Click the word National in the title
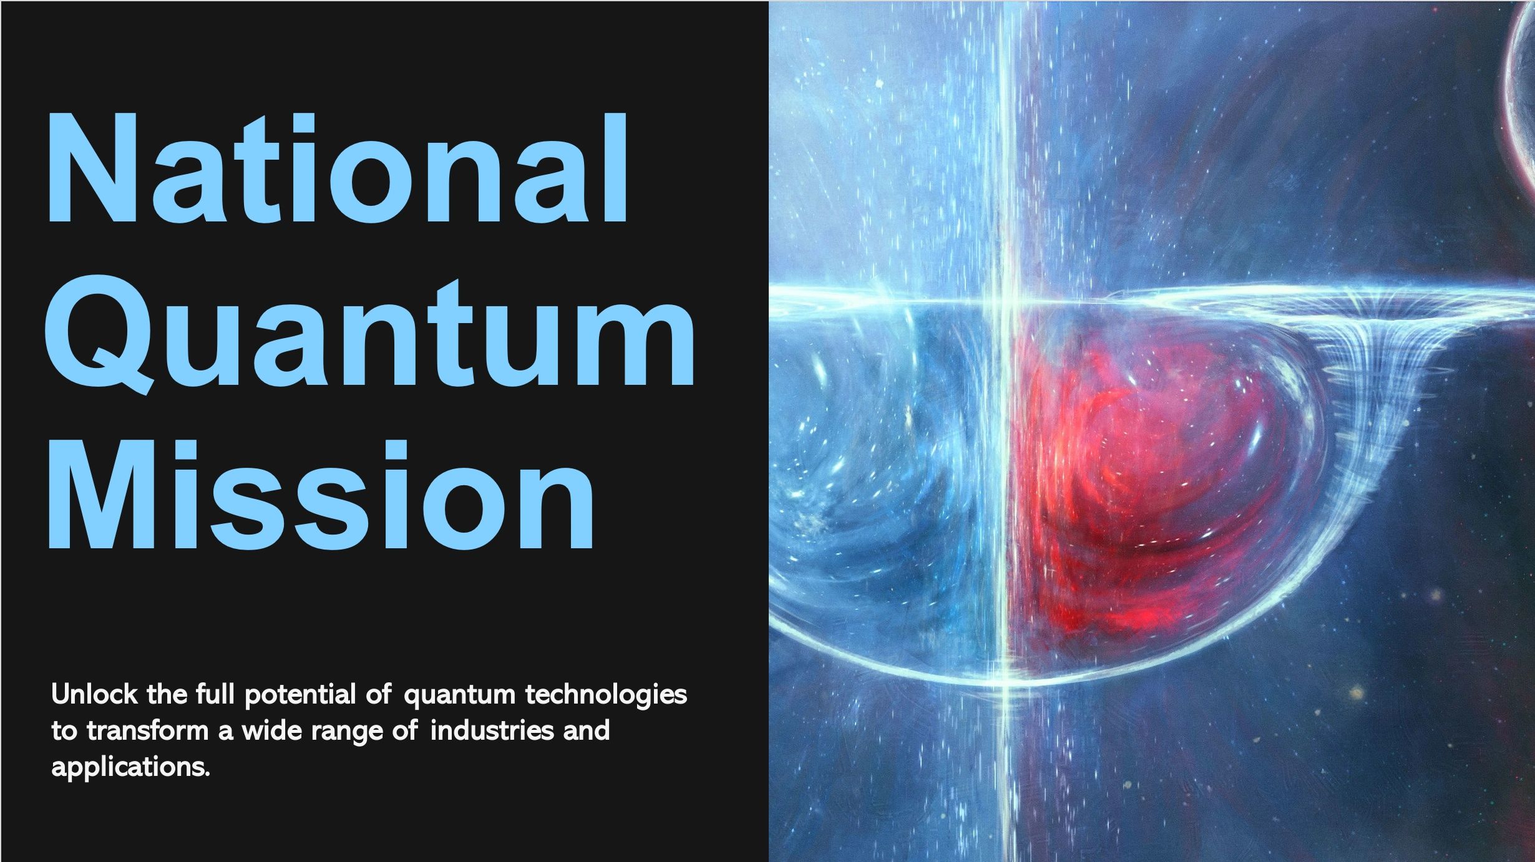(337, 168)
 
